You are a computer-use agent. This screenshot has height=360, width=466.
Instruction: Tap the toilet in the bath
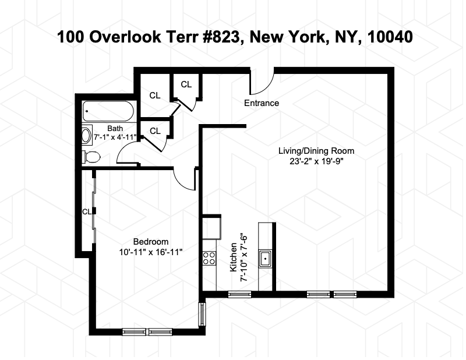[x=91, y=156]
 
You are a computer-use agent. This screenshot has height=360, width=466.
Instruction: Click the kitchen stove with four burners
[x=209, y=258]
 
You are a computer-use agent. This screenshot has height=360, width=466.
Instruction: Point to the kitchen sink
[x=266, y=257]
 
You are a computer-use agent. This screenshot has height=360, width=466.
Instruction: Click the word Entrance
[x=261, y=103]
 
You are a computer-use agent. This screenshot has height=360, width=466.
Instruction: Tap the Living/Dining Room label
[x=316, y=150]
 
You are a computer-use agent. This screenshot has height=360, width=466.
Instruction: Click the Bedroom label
[x=151, y=242]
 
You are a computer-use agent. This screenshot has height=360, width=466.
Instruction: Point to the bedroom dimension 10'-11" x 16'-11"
[x=151, y=252]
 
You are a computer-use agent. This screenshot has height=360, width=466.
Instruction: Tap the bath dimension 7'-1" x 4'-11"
[x=115, y=137]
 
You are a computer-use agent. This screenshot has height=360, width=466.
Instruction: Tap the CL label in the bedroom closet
[x=86, y=211]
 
